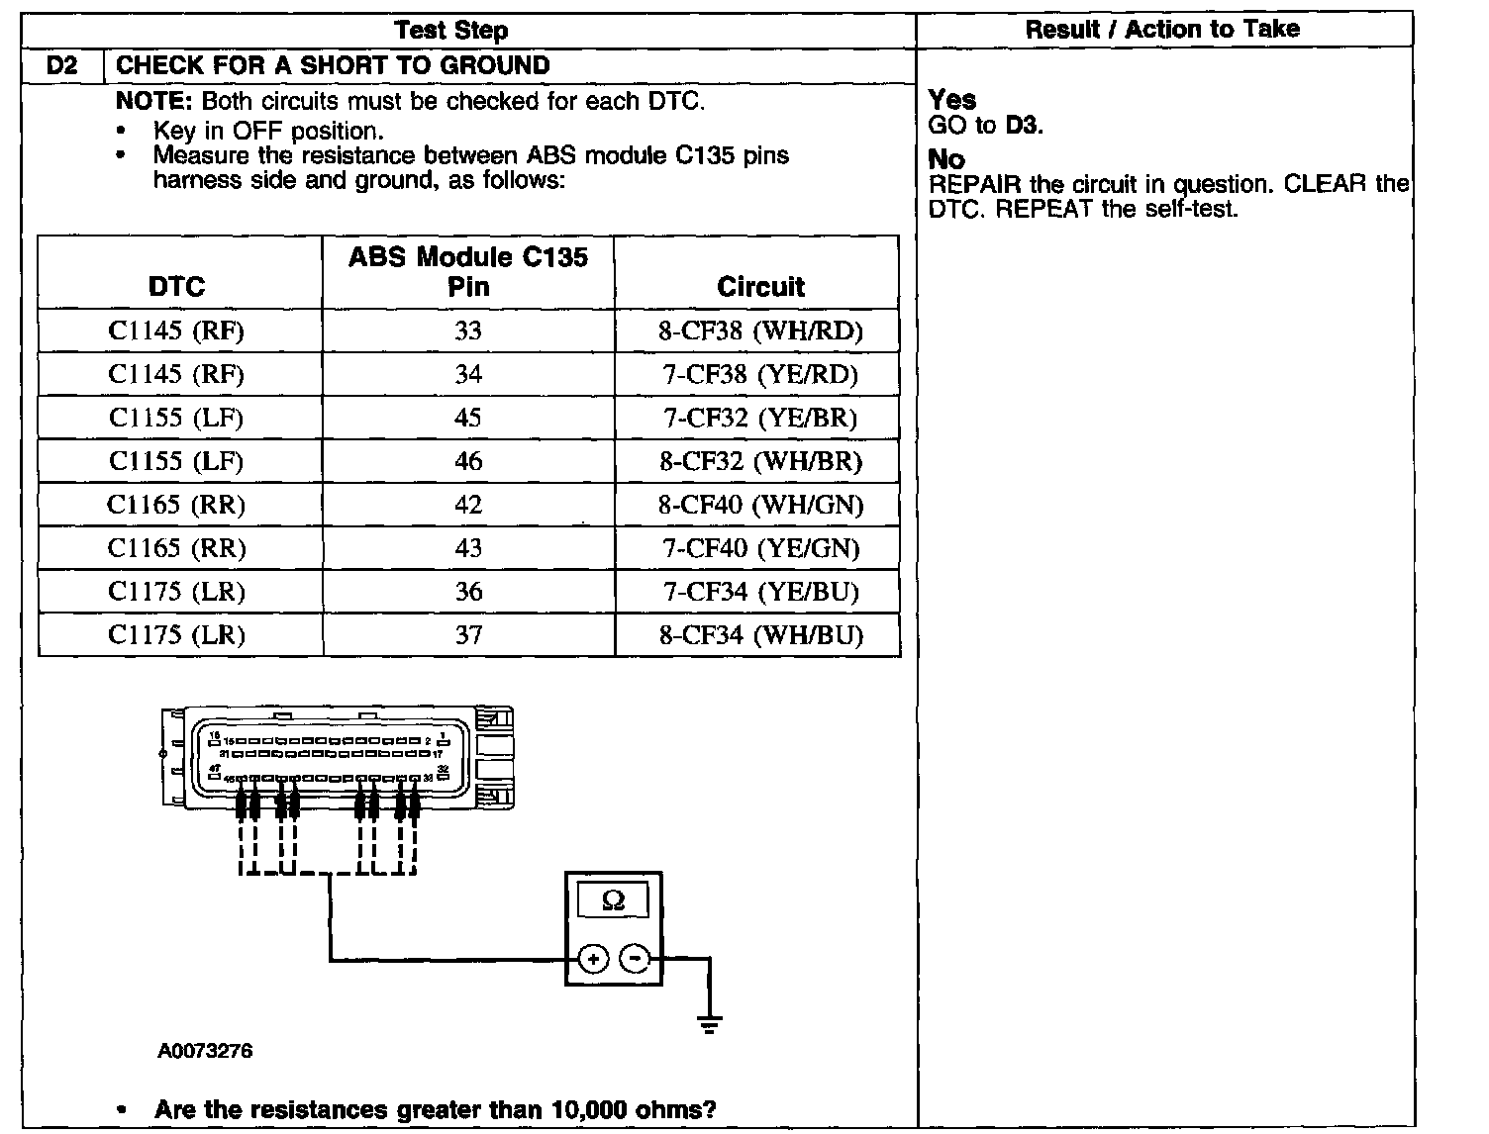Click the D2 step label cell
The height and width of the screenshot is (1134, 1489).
61,66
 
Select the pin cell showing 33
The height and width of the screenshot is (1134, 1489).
468,331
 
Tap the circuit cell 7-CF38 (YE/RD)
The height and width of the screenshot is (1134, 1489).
759,374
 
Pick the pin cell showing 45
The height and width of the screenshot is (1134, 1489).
468,418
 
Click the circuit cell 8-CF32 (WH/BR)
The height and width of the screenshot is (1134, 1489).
759,461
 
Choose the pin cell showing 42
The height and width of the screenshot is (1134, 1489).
468,505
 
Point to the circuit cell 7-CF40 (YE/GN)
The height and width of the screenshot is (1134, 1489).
759,548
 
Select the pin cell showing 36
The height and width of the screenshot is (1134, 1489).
468,592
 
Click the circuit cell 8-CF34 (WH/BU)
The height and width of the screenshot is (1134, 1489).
759,635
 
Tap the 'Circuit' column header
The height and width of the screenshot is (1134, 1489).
759,287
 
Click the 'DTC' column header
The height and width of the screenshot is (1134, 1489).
176,287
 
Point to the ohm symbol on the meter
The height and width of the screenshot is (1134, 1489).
613,900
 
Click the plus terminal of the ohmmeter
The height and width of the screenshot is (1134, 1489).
592,958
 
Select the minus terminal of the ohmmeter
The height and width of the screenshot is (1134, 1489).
636,958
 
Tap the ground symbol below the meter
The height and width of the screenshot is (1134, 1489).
709,1023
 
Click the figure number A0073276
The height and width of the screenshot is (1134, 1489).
205,1051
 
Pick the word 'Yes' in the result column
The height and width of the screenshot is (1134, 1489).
952,100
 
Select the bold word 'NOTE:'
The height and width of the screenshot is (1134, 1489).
155,101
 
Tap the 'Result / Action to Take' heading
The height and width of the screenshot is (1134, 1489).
1162,30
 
